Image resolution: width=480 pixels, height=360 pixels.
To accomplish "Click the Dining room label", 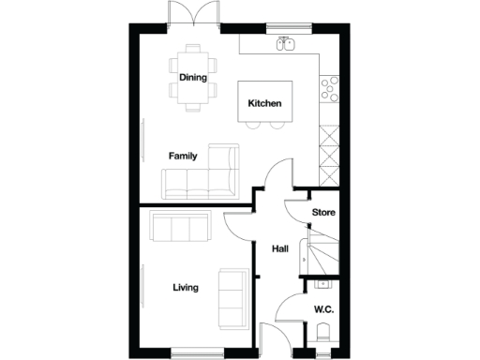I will coord(193,78).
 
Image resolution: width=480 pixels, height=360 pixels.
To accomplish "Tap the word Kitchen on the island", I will coord(264,103).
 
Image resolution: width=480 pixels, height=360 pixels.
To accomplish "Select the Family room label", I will coord(183,156).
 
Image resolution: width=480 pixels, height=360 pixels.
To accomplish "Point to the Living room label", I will coord(186,287).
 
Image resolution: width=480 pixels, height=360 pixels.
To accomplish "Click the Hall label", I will coord(279,249).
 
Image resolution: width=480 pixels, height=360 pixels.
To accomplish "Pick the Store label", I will coord(323,213).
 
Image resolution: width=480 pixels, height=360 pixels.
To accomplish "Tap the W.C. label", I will coord(324,308).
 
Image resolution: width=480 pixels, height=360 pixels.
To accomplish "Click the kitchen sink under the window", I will coord(287,43).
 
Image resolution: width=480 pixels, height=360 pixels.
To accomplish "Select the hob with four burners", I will coord(330,87).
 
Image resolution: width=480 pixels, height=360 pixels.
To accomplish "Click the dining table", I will coord(193,78).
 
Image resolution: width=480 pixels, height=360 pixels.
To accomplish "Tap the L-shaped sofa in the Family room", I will coord(202,175).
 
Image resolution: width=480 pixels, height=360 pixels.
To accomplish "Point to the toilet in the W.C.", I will coord(324,331).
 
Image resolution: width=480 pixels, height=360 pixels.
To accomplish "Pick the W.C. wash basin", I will coord(323,282).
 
